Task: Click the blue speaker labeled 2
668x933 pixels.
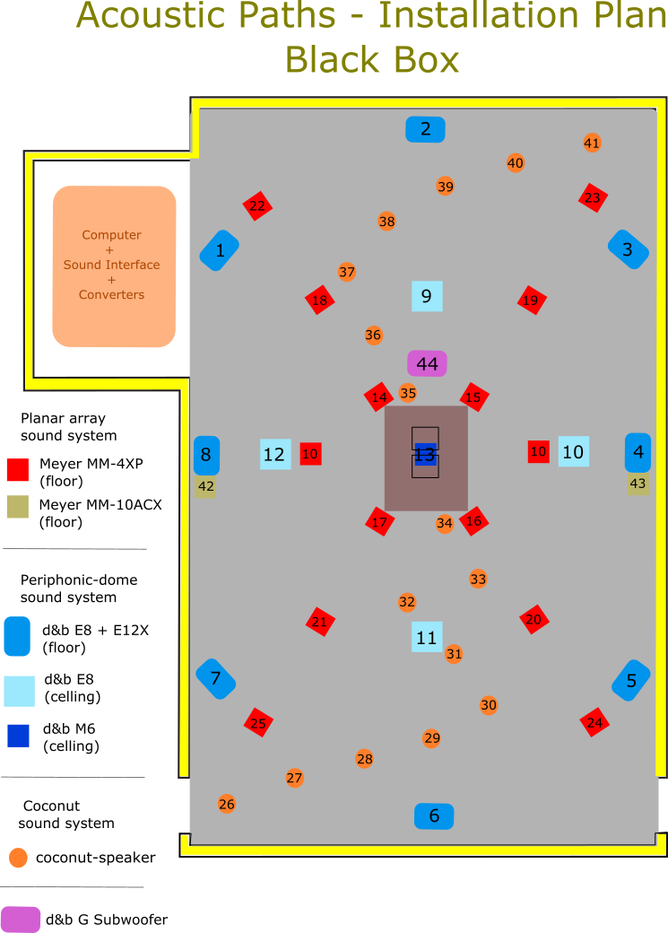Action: (425, 129)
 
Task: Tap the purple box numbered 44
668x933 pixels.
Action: (427, 363)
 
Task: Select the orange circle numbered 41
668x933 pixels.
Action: (592, 143)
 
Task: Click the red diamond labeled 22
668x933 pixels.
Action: (257, 205)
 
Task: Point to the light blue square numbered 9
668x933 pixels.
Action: (427, 296)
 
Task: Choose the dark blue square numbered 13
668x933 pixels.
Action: (425, 455)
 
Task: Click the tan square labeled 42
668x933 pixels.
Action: (205, 487)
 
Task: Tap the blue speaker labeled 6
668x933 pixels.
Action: (434, 815)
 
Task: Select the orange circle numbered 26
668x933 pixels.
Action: (227, 804)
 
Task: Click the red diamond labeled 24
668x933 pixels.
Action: (594, 722)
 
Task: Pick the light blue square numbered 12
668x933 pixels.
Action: (275, 454)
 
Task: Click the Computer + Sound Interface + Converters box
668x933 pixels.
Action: (113, 266)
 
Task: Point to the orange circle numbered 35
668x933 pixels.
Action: (408, 393)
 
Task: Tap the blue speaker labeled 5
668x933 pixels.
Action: (631, 681)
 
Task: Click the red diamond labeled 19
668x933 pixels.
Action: (532, 300)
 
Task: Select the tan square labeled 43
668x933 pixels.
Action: (638, 484)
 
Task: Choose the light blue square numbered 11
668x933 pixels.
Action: (427, 637)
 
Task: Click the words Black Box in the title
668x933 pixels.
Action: (372, 60)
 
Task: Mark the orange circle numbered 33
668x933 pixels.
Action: (478, 579)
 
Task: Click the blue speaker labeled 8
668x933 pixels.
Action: (206, 455)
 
